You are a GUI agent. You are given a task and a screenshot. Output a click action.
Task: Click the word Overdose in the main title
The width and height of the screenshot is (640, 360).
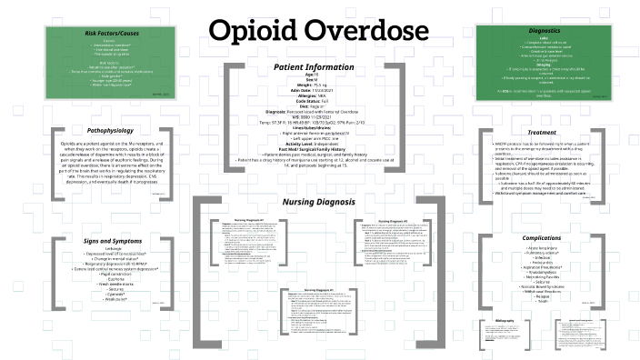[365, 30]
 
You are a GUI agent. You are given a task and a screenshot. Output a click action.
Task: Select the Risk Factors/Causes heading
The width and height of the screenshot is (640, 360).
[98, 33]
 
